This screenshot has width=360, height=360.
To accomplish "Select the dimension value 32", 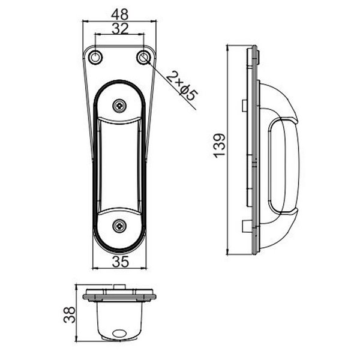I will [119, 28].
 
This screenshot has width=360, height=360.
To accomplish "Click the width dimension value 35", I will [120, 262].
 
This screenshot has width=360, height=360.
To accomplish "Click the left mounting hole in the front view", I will [96, 57].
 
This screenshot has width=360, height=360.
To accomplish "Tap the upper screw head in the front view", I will [120, 106].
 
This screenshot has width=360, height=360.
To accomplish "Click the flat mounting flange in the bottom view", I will [120, 293].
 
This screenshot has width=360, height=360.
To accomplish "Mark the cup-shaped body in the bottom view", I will [120, 318].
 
